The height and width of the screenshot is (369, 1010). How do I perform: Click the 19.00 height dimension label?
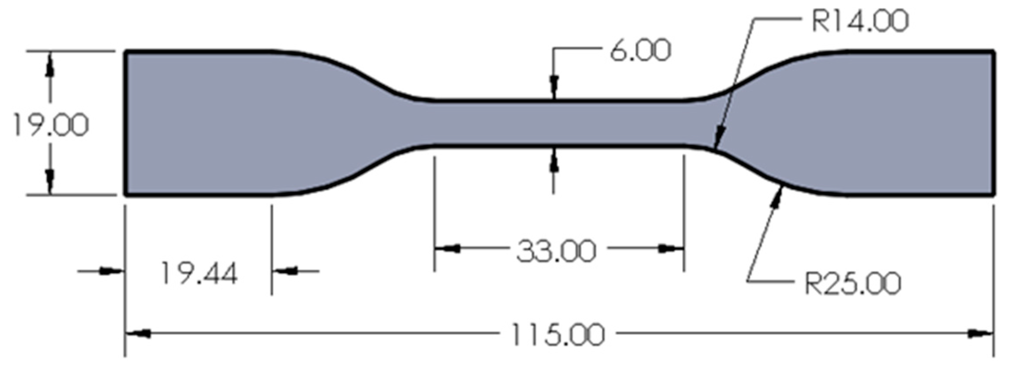pyautogui.click(x=51, y=125)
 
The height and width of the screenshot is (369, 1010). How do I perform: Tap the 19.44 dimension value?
pyautogui.click(x=199, y=273)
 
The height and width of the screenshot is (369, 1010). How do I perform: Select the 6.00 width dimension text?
pyautogui.click(x=640, y=51)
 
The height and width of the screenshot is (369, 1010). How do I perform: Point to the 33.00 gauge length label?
pyautogui.click(x=556, y=252)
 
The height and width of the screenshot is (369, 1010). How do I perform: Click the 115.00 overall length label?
pyautogui.click(x=557, y=335)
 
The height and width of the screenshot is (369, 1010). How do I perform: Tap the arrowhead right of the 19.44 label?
pyautogui.click(x=285, y=271)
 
